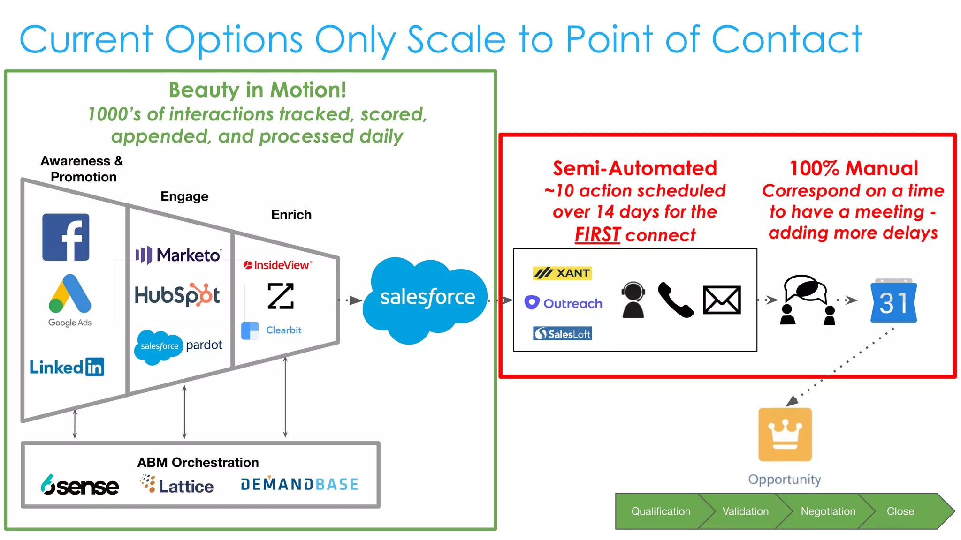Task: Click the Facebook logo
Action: [66, 237]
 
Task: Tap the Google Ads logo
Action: [70, 300]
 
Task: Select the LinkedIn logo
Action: [67, 367]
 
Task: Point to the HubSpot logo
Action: [177, 295]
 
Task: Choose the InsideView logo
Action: [278, 265]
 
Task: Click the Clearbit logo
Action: [271, 330]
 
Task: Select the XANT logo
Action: [562, 273]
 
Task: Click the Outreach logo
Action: [563, 303]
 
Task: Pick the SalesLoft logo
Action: [562, 334]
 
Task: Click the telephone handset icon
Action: [675, 300]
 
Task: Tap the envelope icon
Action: [722, 300]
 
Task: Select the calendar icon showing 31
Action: [893, 301]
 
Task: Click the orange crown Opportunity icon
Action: [785, 435]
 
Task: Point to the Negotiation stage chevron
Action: [828, 511]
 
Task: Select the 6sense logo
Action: [80, 485]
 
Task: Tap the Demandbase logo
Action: [299, 484]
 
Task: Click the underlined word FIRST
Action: [597, 234]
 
